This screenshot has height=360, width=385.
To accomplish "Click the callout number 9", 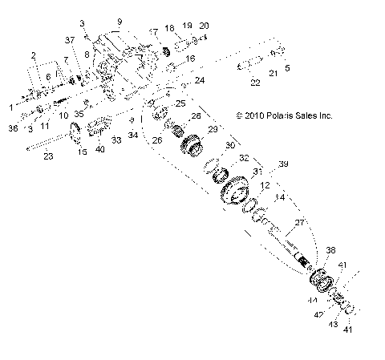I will [120, 21].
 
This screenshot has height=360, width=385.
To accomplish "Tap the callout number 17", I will [152, 31].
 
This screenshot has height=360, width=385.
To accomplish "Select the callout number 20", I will [203, 26].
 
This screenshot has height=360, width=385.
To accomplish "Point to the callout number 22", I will [255, 83].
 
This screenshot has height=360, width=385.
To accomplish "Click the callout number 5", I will [288, 68].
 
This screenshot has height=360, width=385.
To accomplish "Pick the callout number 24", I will [200, 80].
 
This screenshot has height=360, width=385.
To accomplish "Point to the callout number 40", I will [99, 149].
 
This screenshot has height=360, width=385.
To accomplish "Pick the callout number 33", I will [117, 140].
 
